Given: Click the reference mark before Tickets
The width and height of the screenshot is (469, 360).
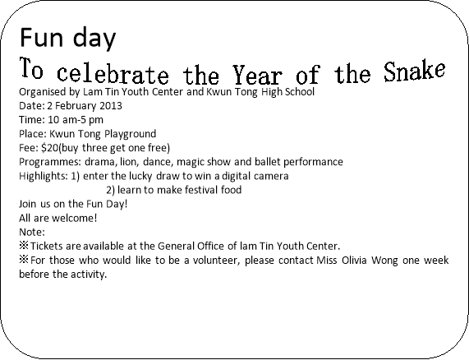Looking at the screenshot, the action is (x=24, y=246).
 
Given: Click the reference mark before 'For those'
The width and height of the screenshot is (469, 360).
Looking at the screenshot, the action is (x=24, y=260).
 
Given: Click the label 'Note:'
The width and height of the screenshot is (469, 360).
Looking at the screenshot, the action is (x=32, y=232).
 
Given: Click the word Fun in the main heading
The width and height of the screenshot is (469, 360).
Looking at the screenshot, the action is (x=41, y=37).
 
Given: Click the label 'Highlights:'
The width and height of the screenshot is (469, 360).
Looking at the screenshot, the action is (x=44, y=176).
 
